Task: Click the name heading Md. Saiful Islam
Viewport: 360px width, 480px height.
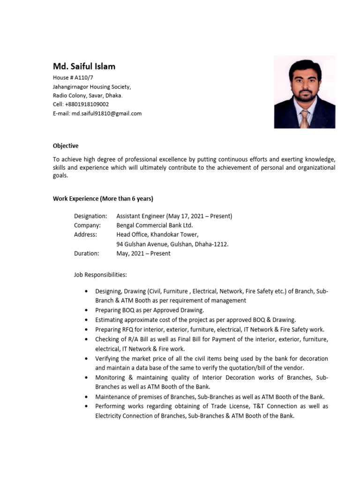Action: [x=84, y=67]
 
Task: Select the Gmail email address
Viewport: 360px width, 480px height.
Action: [x=106, y=113]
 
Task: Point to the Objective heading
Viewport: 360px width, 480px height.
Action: [x=66, y=146]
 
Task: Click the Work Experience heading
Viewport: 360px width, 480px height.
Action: [x=103, y=199]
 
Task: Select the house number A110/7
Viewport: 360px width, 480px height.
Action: [x=87, y=78]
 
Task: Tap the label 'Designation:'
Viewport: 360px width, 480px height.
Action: [x=90, y=216]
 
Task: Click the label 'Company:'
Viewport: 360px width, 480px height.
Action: [x=87, y=225]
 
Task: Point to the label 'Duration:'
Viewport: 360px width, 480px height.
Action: [x=87, y=254]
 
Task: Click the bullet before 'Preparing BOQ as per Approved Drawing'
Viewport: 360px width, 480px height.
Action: [x=86, y=310]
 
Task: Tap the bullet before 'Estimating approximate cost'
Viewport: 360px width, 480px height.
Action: [x=86, y=320]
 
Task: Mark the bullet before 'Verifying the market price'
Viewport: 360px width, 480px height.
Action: [x=86, y=359]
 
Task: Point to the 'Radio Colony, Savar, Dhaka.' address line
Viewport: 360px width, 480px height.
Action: [x=88, y=96]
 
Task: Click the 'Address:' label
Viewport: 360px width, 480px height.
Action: [x=86, y=235]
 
